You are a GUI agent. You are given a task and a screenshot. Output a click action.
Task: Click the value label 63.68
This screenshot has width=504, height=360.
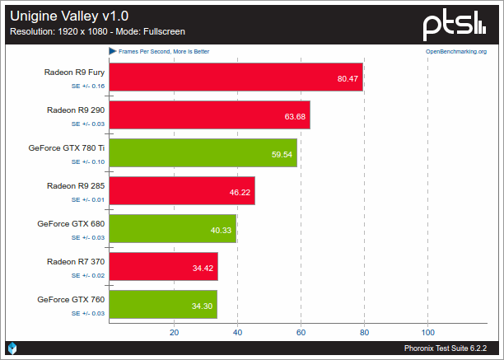coord(295,116)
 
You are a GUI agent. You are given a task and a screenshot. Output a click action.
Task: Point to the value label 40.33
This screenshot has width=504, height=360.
coord(222,230)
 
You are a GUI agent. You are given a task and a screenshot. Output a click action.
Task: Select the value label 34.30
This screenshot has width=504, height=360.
coord(202,306)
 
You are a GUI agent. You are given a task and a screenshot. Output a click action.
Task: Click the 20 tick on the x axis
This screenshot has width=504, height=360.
coord(174,332)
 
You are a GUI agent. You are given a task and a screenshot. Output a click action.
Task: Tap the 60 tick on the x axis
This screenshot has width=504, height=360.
coord(301,332)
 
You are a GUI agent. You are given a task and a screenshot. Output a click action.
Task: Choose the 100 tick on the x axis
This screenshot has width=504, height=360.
coord(427,332)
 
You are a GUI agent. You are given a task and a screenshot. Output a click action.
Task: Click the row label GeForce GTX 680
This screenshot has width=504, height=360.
coord(71,223)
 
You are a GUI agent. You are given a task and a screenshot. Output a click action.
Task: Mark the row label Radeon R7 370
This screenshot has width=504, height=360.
coord(76,261)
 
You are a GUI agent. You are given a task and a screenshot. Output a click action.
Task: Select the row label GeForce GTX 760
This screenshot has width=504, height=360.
coord(71,299)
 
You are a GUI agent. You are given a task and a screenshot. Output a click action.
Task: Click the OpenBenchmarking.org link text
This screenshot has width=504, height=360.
coord(455,51)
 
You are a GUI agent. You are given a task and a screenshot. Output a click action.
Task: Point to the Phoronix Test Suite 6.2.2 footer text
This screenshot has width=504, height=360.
coord(450,349)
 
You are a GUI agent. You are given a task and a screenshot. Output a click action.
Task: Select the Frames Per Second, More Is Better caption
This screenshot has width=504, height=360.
coord(163,51)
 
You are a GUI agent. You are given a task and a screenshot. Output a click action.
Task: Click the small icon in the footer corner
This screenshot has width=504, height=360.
coord(12,349)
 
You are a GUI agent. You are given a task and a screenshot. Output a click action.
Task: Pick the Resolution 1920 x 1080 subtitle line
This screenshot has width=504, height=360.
coord(96,32)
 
